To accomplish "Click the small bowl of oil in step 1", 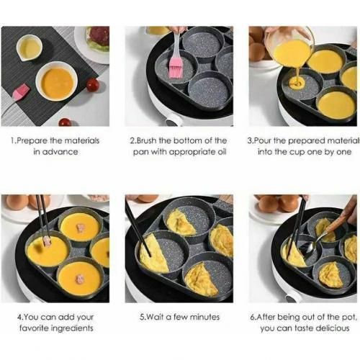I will tap(29, 48).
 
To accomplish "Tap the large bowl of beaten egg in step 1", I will tap(57, 81).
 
